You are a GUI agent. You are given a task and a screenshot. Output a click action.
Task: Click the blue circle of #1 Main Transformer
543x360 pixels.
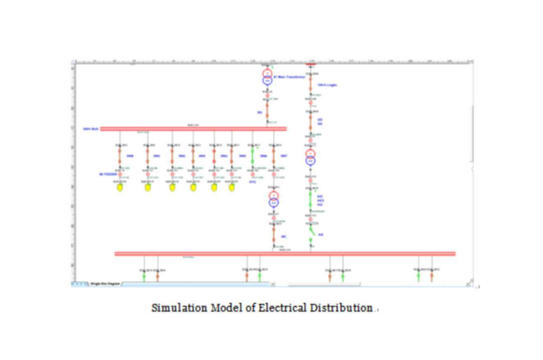(267, 81)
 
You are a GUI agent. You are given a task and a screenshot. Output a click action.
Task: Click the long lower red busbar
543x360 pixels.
(285, 254)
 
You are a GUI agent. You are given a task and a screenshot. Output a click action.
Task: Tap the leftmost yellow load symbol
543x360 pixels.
(120, 188)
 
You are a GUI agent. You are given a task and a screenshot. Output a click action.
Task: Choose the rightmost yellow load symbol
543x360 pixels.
(232, 188)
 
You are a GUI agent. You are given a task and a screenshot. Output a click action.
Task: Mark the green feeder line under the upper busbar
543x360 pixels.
(253, 156)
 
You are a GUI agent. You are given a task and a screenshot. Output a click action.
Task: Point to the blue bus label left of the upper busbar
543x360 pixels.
(90, 129)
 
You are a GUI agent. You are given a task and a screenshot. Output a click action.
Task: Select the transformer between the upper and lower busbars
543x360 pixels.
(273, 199)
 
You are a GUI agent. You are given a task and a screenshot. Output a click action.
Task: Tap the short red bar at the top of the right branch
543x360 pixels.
(311, 64)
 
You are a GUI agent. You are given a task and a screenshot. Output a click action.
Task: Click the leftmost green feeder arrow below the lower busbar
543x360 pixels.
(144, 276)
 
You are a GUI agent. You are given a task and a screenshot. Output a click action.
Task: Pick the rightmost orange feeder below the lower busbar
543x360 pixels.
(432, 276)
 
